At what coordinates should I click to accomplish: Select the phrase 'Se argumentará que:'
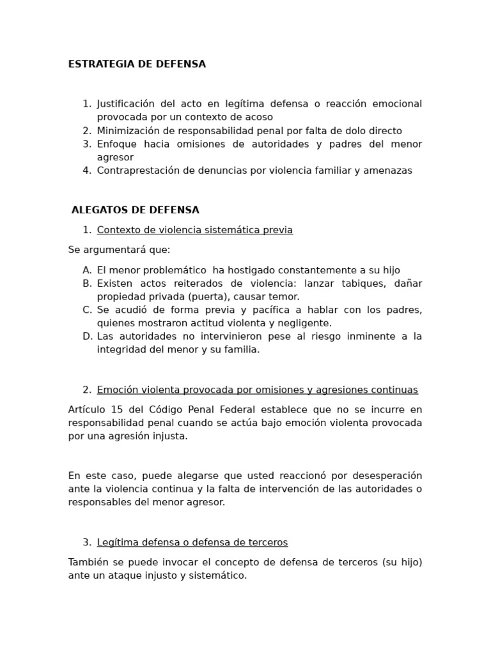[120, 250]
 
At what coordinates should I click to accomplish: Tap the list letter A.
[87, 270]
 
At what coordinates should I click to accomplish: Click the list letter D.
[87, 337]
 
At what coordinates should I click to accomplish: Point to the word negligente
[305, 323]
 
